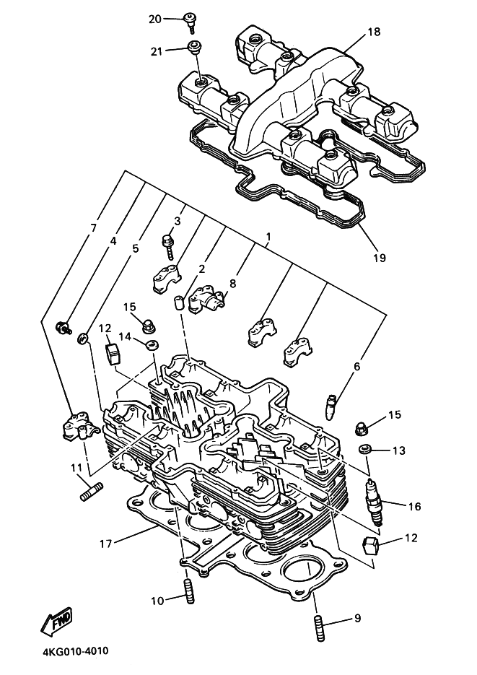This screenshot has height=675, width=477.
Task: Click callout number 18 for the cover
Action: click(374, 32)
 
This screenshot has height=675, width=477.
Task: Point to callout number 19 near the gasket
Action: click(380, 258)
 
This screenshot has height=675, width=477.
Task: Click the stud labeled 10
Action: click(189, 593)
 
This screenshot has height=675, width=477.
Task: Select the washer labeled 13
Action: click(367, 450)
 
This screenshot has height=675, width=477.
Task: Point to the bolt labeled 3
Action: click(168, 246)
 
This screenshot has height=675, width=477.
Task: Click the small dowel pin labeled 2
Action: click(179, 302)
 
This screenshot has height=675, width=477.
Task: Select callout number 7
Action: click(94, 227)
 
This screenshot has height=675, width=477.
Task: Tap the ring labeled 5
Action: click(83, 338)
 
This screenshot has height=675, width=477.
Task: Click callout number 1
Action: click(268, 237)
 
